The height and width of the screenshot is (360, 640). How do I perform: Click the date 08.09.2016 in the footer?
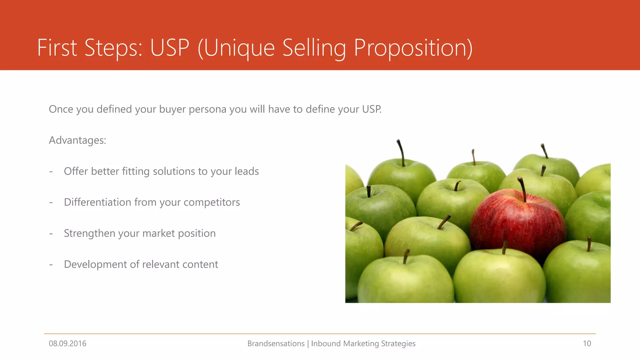(67, 343)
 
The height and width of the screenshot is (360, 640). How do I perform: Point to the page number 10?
(587, 343)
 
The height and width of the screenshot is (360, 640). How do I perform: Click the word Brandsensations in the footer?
(276, 343)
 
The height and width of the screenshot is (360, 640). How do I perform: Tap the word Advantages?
(77, 140)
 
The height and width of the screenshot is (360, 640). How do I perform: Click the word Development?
(95, 264)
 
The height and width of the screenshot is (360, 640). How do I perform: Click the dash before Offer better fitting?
(51, 172)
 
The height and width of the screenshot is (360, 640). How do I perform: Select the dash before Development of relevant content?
(51, 265)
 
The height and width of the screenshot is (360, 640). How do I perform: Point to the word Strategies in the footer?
(398, 343)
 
